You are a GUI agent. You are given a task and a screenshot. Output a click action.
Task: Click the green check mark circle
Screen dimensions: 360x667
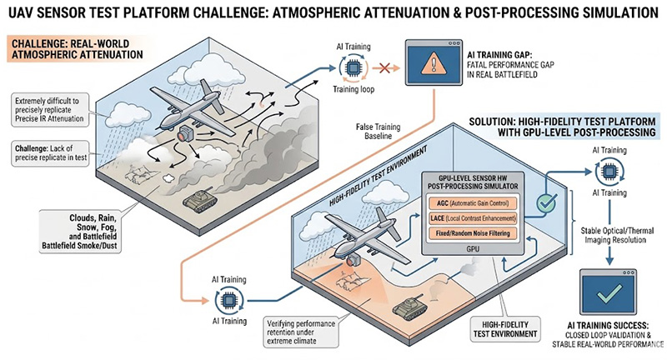pyautogui.click(x=545, y=203)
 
